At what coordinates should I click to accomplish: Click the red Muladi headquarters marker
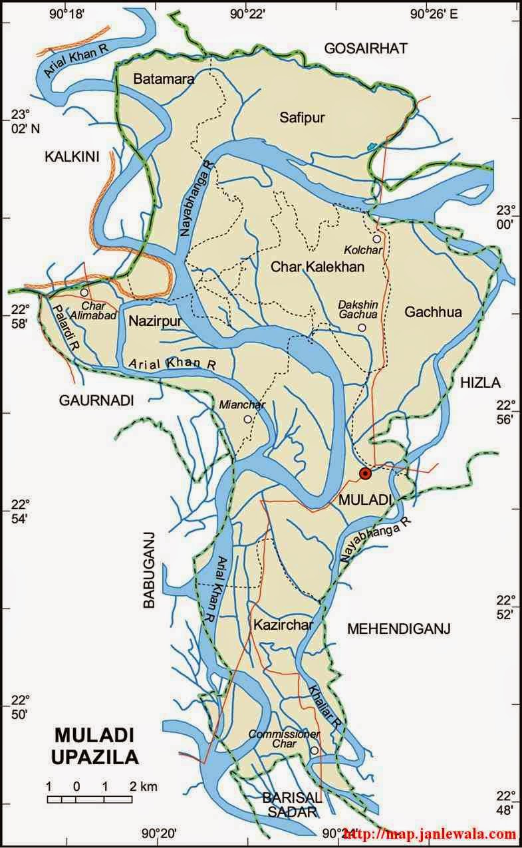click(x=364, y=473)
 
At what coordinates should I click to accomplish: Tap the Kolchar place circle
click(x=376, y=238)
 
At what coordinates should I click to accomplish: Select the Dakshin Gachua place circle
click(x=362, y=328)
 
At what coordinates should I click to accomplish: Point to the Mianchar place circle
click(x=247, y=419)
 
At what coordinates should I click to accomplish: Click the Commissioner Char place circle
click(x=314, y=750)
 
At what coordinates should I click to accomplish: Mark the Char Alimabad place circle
click(x=84, y=293)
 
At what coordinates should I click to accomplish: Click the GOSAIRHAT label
click(x=365, y=48)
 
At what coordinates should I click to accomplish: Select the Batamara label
click(x=164, y=79)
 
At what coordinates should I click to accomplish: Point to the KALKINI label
click(x=71, y=157)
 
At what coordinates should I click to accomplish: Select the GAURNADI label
click(x=96, y=400)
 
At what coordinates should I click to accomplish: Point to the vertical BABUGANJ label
click(x=149, y=570)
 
